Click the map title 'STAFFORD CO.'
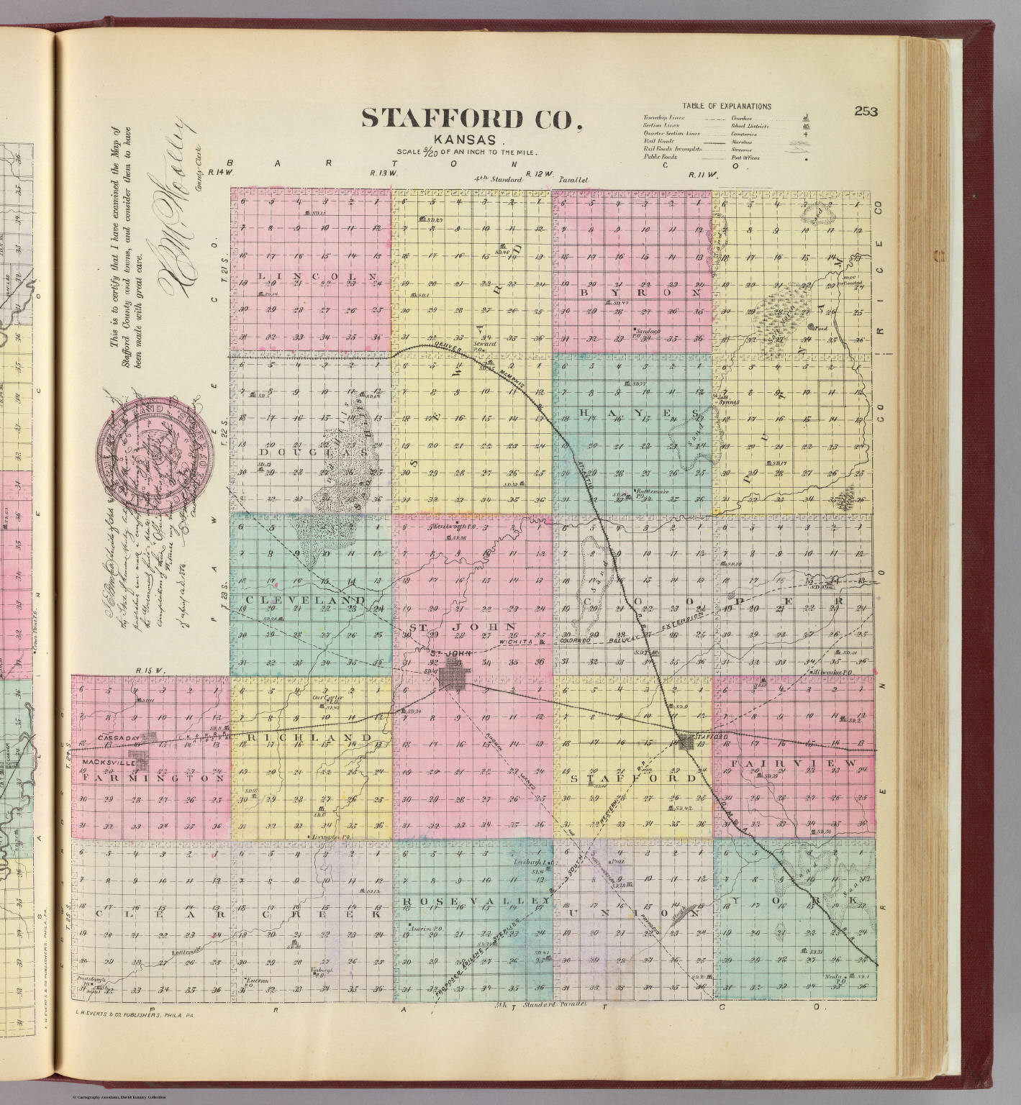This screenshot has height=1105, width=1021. click(472, 119)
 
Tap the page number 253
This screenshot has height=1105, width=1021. click(867, 111)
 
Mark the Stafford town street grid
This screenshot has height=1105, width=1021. click(692, 740)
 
